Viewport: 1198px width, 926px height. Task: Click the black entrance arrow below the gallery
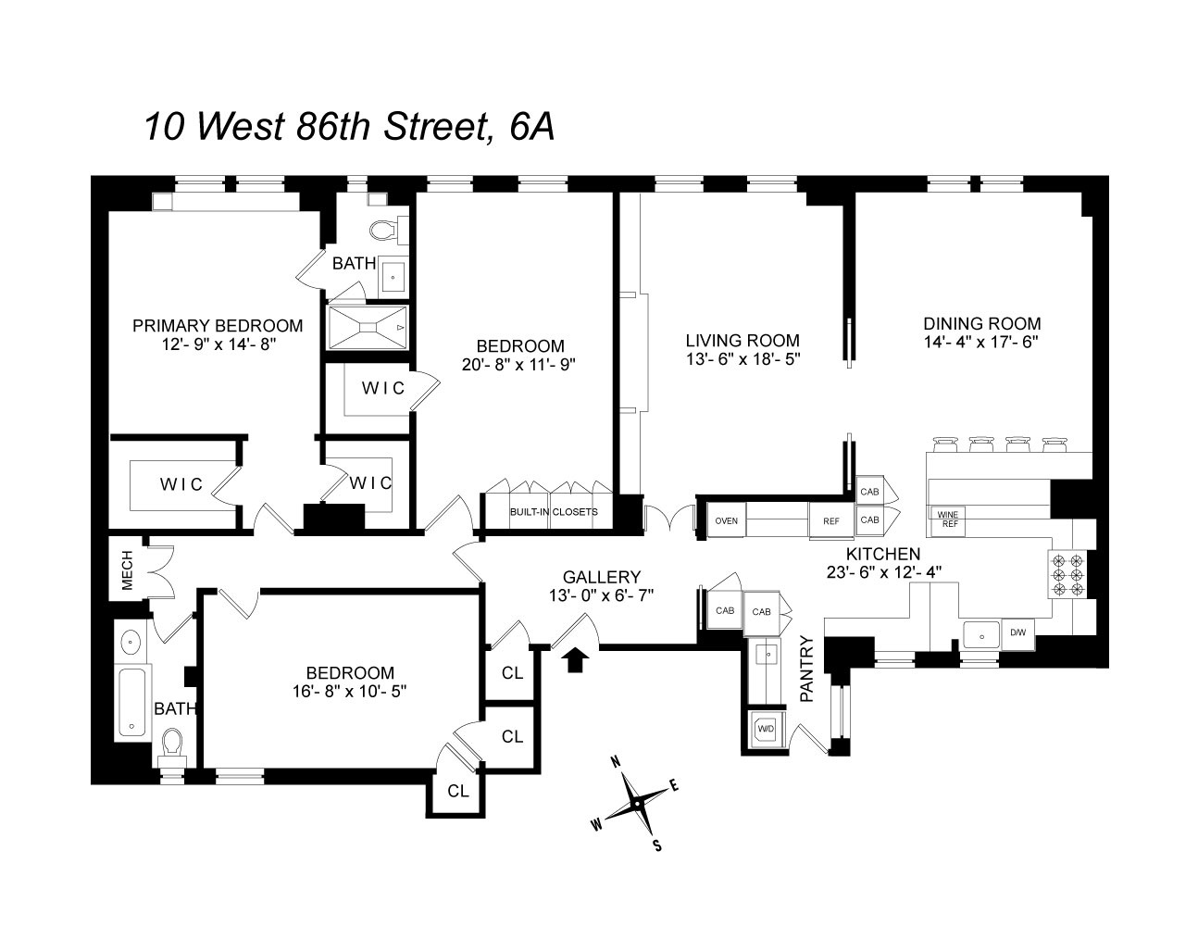coord(575,658)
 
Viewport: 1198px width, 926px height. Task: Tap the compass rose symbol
coord(638,803)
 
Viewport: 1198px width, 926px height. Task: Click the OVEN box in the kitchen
coord(727,520)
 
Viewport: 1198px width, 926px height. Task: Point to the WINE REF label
coord(949,519)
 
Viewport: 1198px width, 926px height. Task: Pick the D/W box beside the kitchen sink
coord(1017,633)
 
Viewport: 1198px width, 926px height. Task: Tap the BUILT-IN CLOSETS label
coord(554,511)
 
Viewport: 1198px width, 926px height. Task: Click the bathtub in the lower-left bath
coord(133,703)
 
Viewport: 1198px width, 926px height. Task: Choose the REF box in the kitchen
coord(831,520)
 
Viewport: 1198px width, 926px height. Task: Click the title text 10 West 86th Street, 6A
coord(349,127)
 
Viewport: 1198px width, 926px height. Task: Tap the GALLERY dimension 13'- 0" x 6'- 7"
coord(601,595)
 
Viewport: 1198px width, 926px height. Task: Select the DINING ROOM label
coord(981,323)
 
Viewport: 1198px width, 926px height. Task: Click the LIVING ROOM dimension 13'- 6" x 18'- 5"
coord(742,357)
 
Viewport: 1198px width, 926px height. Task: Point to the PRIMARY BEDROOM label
coord(218,325)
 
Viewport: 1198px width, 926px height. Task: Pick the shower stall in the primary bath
coord(368,327)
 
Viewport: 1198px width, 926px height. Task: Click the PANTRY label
coord(806,669)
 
